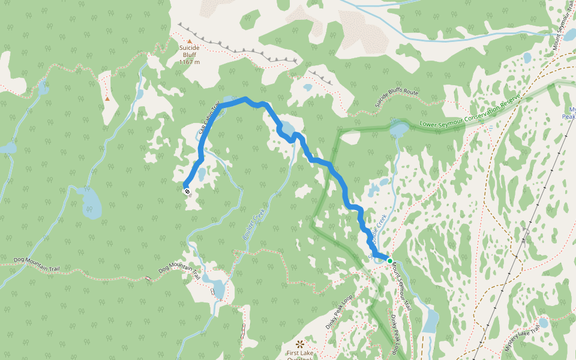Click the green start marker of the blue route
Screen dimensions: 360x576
click(x=389, y=260)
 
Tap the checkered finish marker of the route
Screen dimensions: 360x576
click(x=187, y=191)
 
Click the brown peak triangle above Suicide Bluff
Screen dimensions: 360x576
click(x=190, y=41)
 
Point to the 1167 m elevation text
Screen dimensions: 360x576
click(x=189, y=62)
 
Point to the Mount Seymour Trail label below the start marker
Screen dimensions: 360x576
click(x=401, y=288)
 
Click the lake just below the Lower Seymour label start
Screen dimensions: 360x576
click(x=398, y=129)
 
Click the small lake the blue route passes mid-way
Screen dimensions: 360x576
click(x=286, y=129)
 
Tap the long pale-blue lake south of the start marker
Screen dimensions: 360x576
click(x=430, y=321)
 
